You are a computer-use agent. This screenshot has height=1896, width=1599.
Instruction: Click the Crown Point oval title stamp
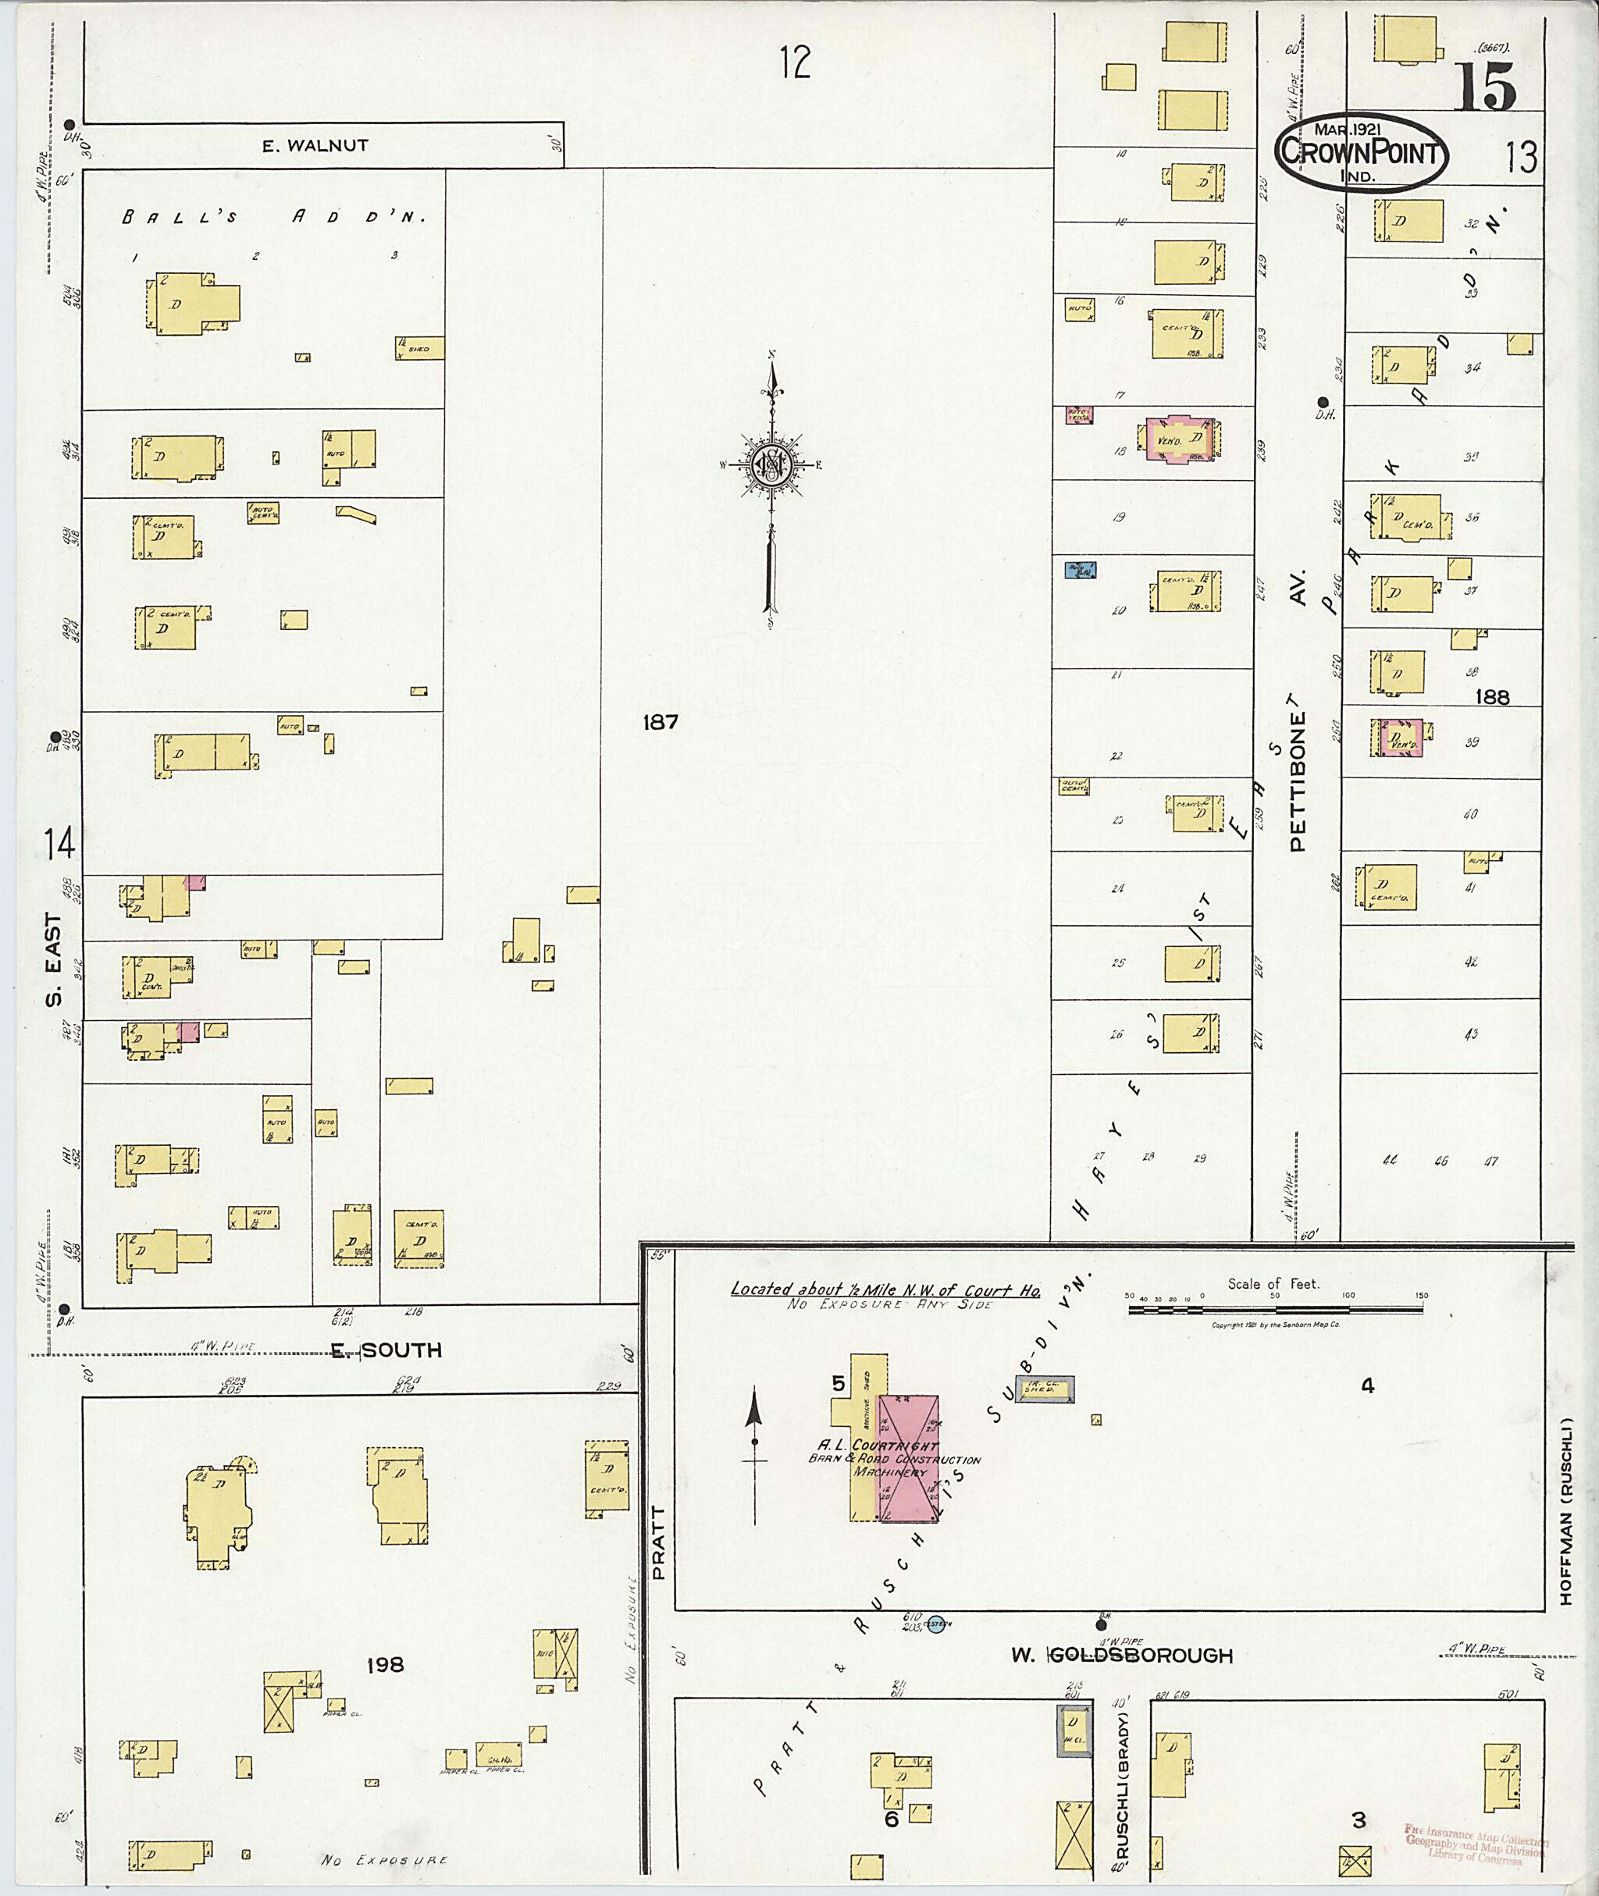pos(1361,152)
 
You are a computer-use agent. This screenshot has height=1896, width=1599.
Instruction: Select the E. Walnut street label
pos(315,145)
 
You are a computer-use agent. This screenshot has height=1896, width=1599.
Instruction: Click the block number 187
pos(660,722)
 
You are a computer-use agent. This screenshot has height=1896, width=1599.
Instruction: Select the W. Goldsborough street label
pos(1122,1656)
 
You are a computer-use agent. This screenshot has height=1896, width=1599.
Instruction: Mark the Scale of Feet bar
pos(1277,1309)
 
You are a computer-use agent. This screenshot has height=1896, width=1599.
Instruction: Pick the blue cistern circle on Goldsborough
pos(936,1626)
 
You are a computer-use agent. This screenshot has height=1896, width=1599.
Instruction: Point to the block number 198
pos(385,1665)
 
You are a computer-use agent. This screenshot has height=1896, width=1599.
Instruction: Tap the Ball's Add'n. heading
pos(272,217)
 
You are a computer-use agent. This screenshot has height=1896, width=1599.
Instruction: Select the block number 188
pos(1492,696)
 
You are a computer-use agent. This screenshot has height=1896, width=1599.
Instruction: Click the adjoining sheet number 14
pos(59,845)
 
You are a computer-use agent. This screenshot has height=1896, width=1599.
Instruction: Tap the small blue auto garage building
pos(1080,570)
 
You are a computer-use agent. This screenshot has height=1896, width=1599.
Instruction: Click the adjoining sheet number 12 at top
pos(794,63)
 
